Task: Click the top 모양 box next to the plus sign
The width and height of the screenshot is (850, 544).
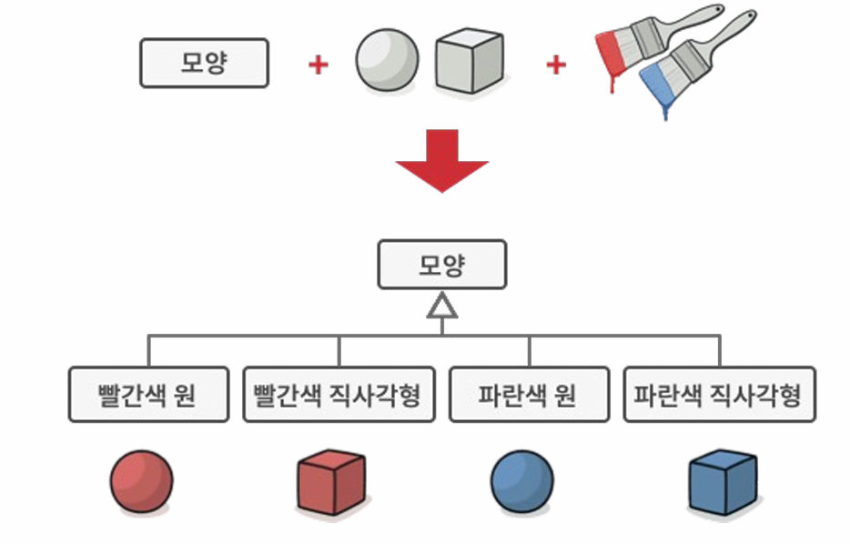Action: coord(204,63)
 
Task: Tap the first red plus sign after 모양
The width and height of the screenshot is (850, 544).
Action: coord(318,65)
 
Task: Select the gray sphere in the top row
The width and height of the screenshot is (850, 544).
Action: coord(388,61)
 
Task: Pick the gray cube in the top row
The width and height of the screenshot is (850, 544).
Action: coord(469,61)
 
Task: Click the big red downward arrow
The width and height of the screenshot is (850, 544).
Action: coord(442,159)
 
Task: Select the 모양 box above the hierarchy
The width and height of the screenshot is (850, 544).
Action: coord(442,265)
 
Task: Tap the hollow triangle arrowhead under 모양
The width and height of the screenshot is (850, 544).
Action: coord(442,307)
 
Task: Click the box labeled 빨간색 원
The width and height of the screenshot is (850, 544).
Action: coord(147,395)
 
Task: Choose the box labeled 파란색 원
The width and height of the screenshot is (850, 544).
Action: coord(529,395)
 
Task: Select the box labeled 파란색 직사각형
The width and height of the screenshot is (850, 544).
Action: coord(719,395)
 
